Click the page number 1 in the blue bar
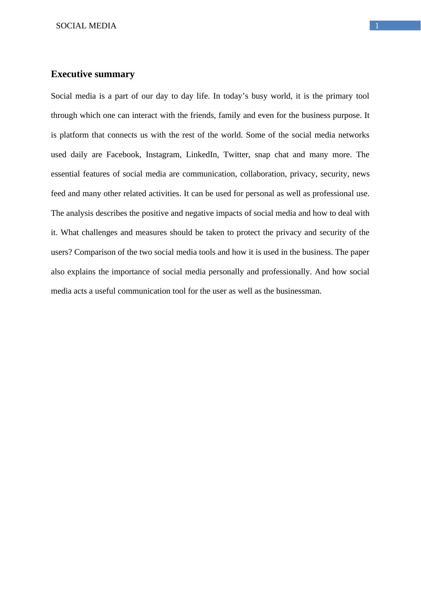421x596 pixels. [x=377, y=26]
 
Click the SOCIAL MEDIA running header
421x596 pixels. [x=86, y=26]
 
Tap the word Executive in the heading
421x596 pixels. [x=71, y=74]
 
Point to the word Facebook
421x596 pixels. [x=123, y=155]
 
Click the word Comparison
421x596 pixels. [x=95, y=252]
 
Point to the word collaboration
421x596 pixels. [x=262, y=174]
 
